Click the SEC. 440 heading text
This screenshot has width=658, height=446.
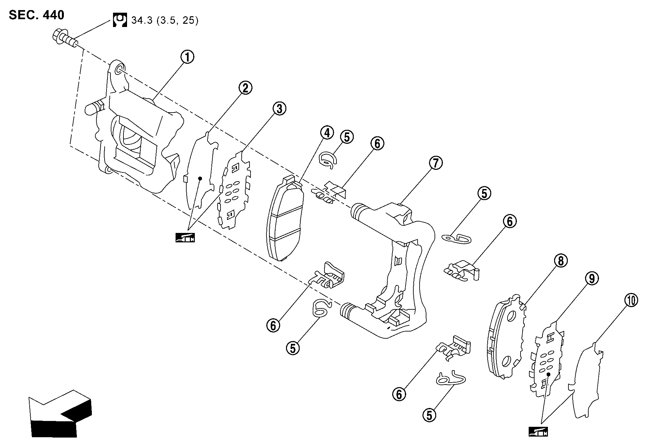pyautogui.click(x=36, y=15)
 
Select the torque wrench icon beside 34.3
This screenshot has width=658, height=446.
pyautogui.click(x=120, y=20)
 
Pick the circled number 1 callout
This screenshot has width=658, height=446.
pyautogui.click(x=187, y=57)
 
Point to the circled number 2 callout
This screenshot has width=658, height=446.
pyautogui.click(x=245, y=88)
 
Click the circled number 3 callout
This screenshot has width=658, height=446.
pyautogui.click(x=279, y=109)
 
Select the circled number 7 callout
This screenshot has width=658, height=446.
pyautogui.click(x=436, y=163)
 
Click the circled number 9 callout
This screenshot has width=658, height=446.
pyautogui.click(x=592, y=278)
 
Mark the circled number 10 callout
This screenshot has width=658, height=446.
pyautogui.click(x=631, y=300)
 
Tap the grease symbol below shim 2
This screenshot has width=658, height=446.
pyautogui.click(x=185, y=237)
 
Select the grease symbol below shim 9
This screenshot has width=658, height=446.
pyautogui.click(x=538, y=432)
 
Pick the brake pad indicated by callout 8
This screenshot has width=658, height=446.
pyautogui.click(x=507, y=338)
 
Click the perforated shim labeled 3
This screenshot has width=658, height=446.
pyautogui.click(x=235, y=192)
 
